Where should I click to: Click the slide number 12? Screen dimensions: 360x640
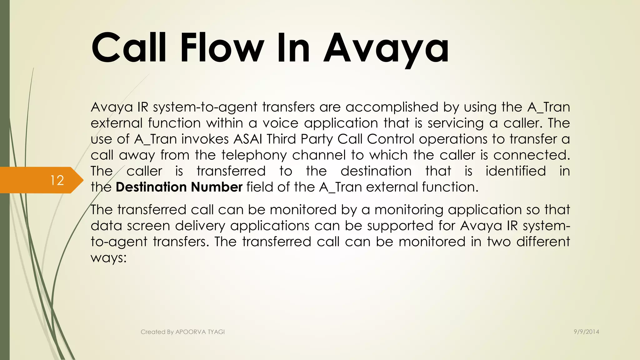57,180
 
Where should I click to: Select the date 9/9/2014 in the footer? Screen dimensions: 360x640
586,332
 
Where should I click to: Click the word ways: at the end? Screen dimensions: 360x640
108,258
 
